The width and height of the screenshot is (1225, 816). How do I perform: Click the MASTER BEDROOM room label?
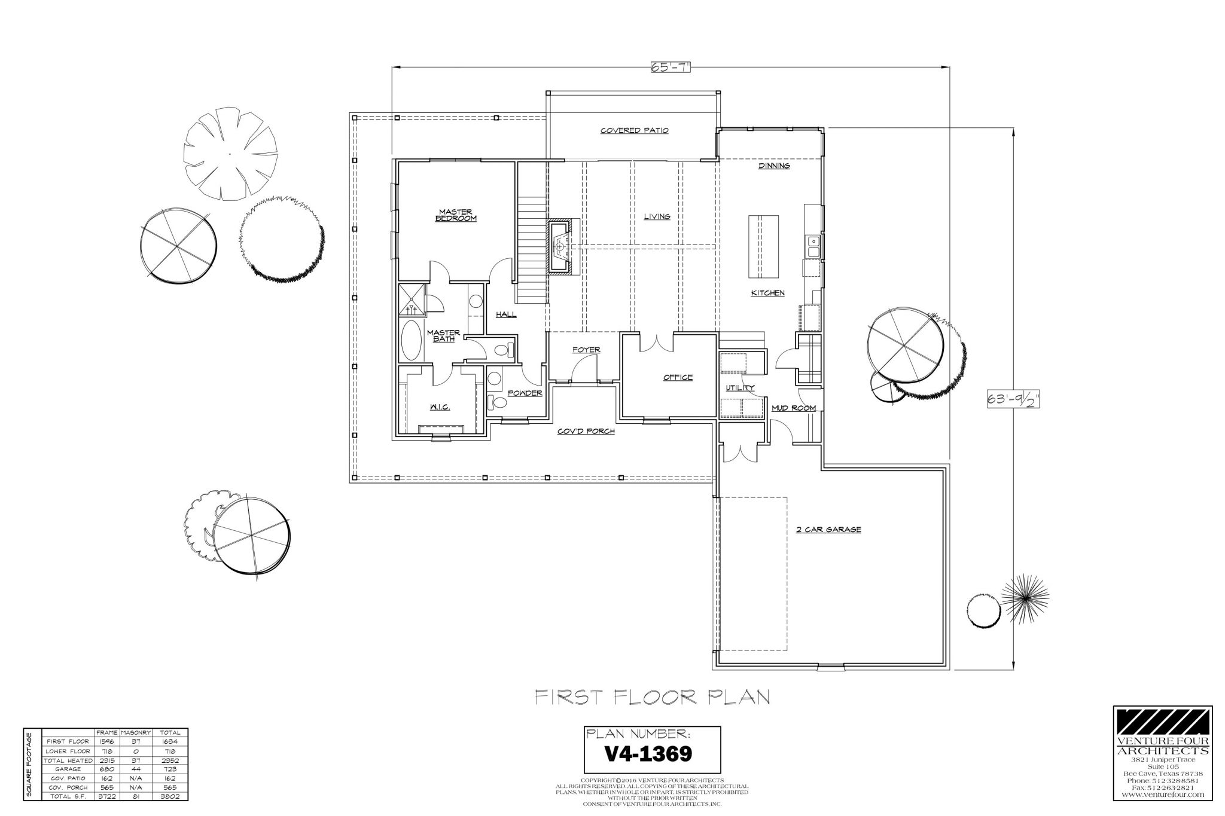[456, 215]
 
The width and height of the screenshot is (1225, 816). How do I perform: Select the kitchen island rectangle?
[763, 247]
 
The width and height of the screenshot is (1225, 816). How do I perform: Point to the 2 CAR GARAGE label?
[828, 530]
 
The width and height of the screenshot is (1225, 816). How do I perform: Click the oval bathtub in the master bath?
[411, 340]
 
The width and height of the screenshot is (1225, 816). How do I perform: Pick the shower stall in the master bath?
[412, 299]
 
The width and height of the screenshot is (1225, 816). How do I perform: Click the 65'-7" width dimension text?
[671, 66]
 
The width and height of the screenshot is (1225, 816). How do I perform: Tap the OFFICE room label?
[678, 377]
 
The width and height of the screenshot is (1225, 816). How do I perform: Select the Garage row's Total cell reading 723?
[169, 769]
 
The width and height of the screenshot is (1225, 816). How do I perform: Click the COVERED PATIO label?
[634, 130]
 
